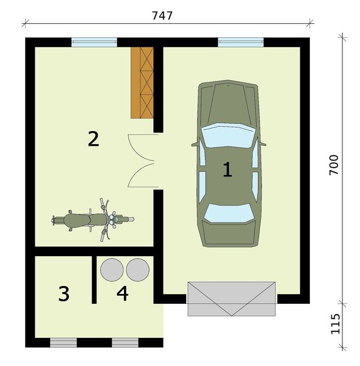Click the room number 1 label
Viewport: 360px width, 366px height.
click(x=227, y=170)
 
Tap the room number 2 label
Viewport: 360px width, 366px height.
click(x=93, y=139)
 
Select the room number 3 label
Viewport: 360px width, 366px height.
click(x=64, y=294)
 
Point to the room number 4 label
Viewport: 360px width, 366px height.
click(x=123, y=294)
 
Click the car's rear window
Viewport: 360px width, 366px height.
click(x=227, y=212)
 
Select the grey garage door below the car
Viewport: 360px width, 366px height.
click(x=231, y=298)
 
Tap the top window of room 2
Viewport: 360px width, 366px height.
click(x=93, y=42)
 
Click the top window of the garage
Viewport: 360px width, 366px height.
click(x=241, y=42)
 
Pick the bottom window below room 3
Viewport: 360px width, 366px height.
click(x=63, y=342)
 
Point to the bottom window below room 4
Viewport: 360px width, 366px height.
click(x=125, y=342)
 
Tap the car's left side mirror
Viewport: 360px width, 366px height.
click(x=195, y=145)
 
